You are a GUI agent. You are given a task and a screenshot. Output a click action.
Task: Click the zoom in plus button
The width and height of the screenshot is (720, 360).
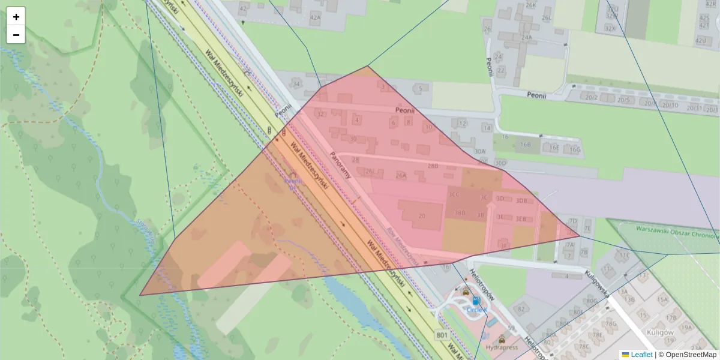(x=16, y=17)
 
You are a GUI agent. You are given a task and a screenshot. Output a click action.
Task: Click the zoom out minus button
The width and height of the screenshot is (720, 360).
(x=16, y=35)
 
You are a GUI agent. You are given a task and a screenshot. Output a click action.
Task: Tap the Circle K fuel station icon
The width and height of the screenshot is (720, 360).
(x=476, y=301)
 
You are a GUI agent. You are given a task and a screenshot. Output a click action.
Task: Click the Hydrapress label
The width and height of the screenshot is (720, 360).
(x=502, y=347)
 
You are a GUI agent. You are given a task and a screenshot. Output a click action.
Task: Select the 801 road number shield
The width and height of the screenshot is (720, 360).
(x=443, y=335)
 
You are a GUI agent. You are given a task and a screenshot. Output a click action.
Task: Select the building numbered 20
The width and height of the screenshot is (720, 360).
(x=422, y=215)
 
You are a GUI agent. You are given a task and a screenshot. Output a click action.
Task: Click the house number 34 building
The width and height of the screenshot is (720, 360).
(x=296, y=85)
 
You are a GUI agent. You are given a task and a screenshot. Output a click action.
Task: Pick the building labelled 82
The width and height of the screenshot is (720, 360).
(x=521, y=309)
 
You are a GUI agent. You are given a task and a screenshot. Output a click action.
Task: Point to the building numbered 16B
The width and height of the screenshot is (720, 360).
(x=526, y=145)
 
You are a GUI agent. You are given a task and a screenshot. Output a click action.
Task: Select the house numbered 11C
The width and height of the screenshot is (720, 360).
(x=625, y=254)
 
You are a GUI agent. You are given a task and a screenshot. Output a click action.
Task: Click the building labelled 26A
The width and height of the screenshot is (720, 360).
(x=401, y=176)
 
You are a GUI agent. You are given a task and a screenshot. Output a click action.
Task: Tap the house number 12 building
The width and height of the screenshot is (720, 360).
(x=462, y=124)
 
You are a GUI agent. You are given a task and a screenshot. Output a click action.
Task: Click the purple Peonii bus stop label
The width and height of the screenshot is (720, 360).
(x=292, y=180)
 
